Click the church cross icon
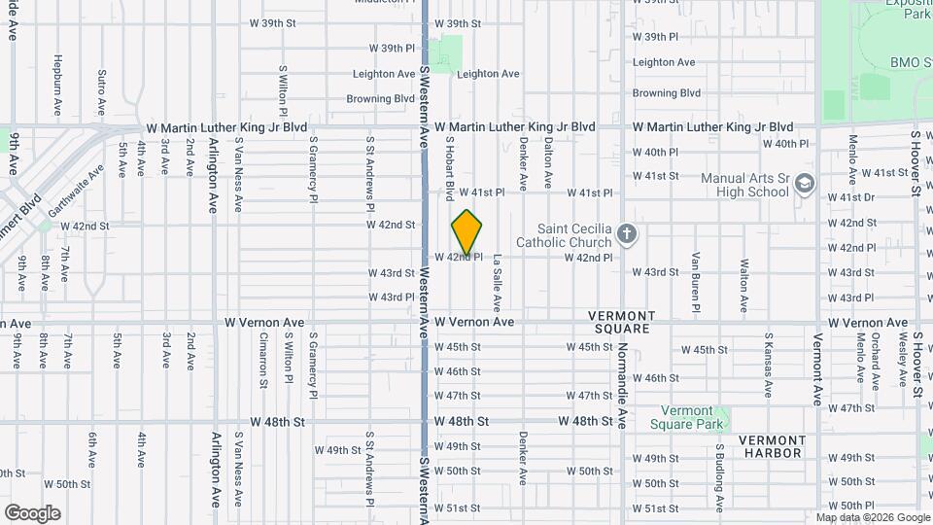coord(628,234)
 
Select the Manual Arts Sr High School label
coord(744,185)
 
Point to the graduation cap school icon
coord(804,184)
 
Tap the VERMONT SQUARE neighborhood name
coord(622,323)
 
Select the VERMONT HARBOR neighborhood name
coord(773,446)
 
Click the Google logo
coord(32,513)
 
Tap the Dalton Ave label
coord(548,161)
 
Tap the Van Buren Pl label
coord(696,283)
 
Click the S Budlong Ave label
coord(720,476)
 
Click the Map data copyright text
coord(872,517)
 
